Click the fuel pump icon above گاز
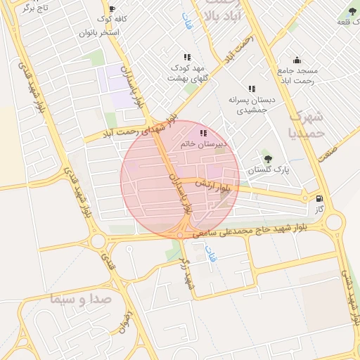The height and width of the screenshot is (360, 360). [x=321, y=199]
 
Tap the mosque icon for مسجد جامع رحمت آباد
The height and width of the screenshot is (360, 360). [x=297, y=60]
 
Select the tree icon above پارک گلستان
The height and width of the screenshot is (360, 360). [x=267, y=153]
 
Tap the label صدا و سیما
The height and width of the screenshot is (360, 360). [x=82, y=299]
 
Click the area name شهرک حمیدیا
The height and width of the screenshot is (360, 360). [x=307, y=124]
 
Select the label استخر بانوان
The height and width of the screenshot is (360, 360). [x=101, y=32]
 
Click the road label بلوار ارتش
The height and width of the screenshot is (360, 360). [x=213, y=186]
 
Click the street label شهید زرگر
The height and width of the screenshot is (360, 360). [x=186, y=275]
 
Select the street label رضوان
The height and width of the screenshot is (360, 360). [x=127, y=321]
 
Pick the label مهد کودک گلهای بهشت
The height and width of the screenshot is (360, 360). [x=186, y=72]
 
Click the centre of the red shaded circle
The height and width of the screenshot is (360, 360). [x=180, y=180]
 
